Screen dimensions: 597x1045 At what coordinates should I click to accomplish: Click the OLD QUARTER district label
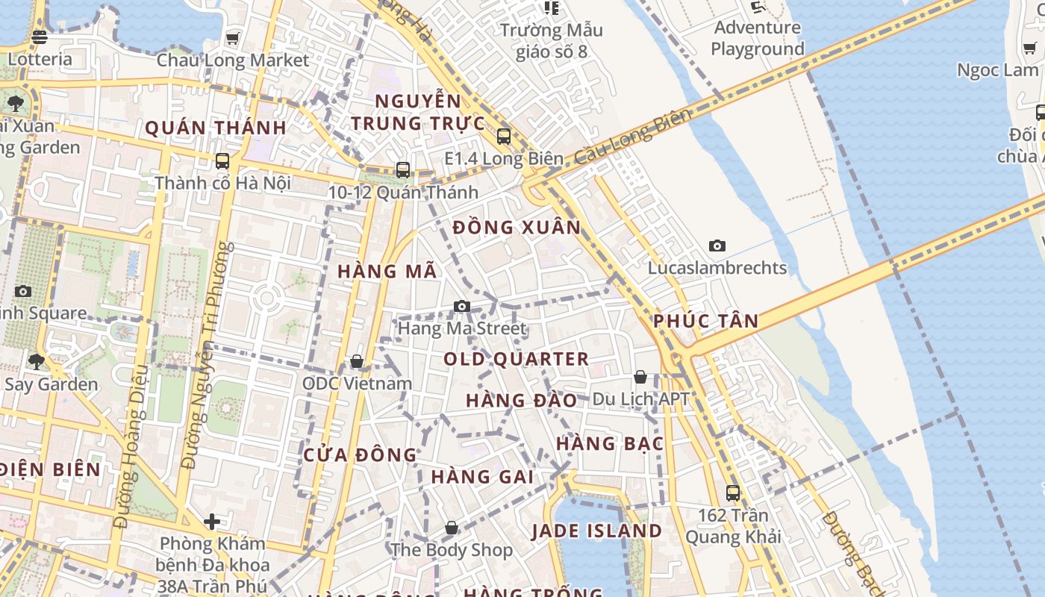(517, 359)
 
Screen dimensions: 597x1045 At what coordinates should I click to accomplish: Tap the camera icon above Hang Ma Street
(462, 306)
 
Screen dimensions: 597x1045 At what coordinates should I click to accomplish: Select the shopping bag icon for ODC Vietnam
(357, 362)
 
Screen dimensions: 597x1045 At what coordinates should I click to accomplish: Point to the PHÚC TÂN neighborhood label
(705, 322)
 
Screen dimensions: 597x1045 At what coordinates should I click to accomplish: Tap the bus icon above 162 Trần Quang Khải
(733, 493)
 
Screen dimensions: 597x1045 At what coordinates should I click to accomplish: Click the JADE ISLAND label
(596, 531)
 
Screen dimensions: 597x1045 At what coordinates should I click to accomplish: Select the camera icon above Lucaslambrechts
(717, 246)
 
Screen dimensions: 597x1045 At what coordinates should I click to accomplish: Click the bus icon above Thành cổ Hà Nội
(222, 160)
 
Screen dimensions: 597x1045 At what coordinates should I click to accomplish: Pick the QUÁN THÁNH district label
(216, 128)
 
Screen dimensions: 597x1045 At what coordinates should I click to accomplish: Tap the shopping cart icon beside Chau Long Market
(233, 38)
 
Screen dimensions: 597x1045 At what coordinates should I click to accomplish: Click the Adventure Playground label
(757, 38)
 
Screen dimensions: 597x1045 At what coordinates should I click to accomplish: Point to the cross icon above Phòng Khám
(212, 521)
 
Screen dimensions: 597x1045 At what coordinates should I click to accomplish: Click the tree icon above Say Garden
(36, 362)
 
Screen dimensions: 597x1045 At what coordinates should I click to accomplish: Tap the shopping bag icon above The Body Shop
(452, 528)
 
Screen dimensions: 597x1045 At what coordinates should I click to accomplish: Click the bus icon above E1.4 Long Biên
(504, 137)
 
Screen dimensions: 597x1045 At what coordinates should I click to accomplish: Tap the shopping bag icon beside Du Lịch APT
(640, 377)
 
